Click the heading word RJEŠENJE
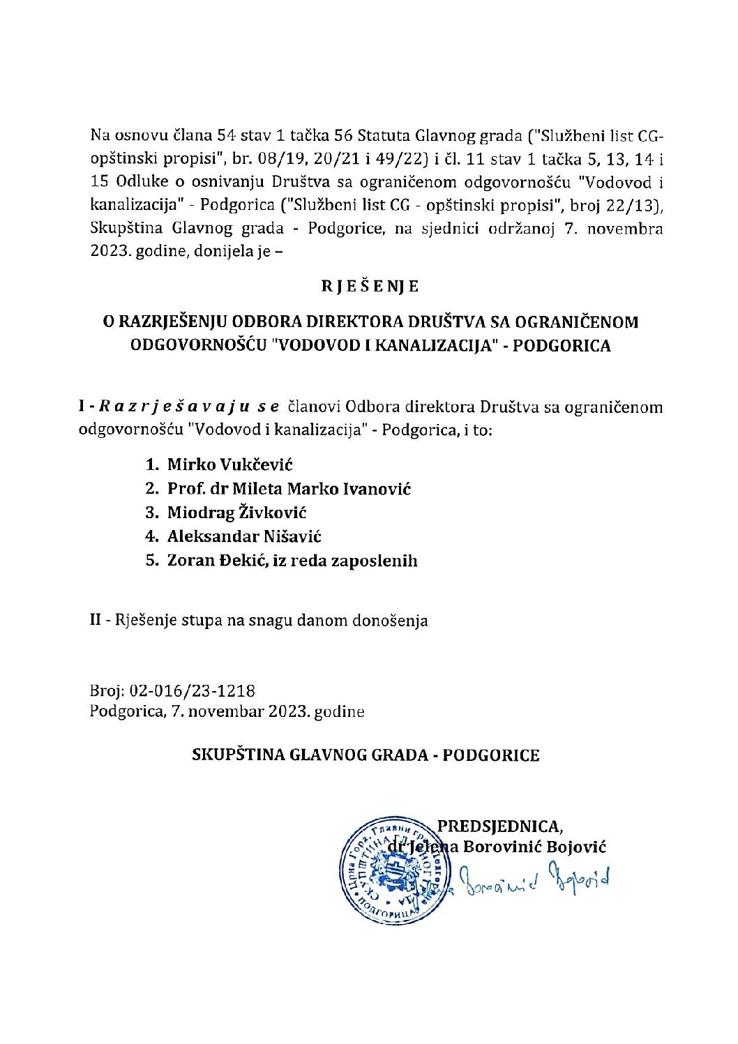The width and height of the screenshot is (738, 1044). click(370, 287)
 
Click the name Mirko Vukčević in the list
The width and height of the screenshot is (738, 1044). click(229, 465)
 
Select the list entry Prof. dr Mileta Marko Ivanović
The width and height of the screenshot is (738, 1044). click(289, 489)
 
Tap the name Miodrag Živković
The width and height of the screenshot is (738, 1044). click(236, 513)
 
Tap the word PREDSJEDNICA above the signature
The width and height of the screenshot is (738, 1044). click(499, 826)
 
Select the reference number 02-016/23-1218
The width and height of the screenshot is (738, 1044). click(192, 691)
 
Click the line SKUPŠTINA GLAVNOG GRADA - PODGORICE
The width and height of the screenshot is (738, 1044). click(366, 755)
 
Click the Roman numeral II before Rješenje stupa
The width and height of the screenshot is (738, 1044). click(96, 620)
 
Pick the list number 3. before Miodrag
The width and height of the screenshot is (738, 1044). click(152, 513)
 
